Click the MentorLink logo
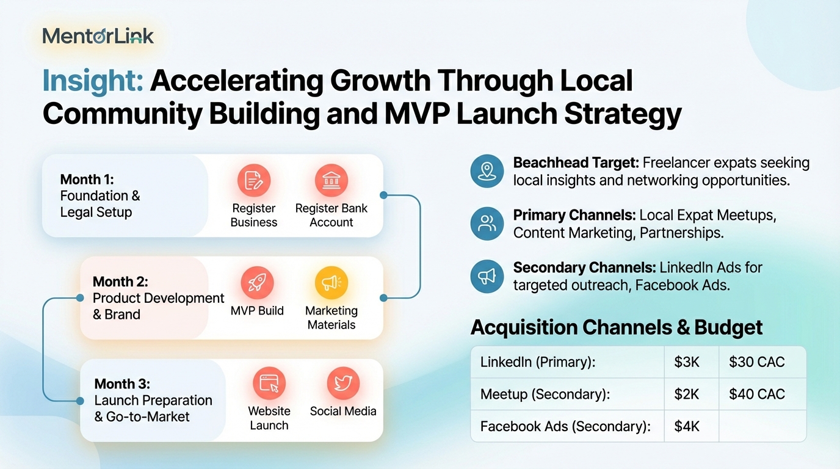point(98,36)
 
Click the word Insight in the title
point(93,80)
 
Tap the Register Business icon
point(254,181)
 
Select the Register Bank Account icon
point(331,181)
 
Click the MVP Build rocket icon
point(257,283)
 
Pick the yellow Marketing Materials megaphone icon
point(331,283)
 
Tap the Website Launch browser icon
point(269,384)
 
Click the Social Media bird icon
point(343,384)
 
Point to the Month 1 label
point(87,180)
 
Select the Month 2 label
point(120,282)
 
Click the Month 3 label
point(122,384)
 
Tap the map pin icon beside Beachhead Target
point(487,171)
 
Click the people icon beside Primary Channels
point(487,224)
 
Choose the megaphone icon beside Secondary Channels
point(487,277)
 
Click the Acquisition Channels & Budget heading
point(617,327)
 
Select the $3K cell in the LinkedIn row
point(687,362)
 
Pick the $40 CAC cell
point(757,394)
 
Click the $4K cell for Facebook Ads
point(687,427)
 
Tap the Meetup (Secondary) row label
point(545,394)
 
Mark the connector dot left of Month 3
point(80,401)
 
